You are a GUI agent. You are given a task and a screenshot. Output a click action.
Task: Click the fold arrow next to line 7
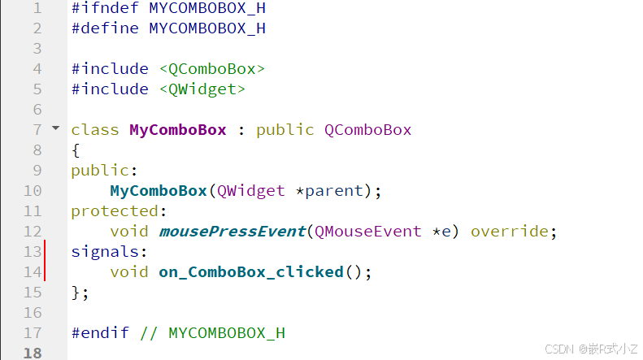point(55,128)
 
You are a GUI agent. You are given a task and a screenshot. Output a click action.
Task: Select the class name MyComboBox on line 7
point(178,130)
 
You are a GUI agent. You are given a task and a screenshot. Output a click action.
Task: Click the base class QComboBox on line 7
point(368,130)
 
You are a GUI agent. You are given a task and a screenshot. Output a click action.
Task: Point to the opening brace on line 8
point(76,150)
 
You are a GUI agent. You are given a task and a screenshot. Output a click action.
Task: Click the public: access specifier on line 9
point(105,171)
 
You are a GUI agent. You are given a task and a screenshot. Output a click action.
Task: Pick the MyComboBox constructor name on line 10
point(159,191)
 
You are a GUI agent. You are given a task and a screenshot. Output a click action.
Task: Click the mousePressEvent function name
point(232,232)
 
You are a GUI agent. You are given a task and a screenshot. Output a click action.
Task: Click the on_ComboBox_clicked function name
point(251,272)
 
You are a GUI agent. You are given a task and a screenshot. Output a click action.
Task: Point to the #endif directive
point(100,333)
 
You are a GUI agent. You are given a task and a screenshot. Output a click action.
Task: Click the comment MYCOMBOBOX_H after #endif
point(227,333)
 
